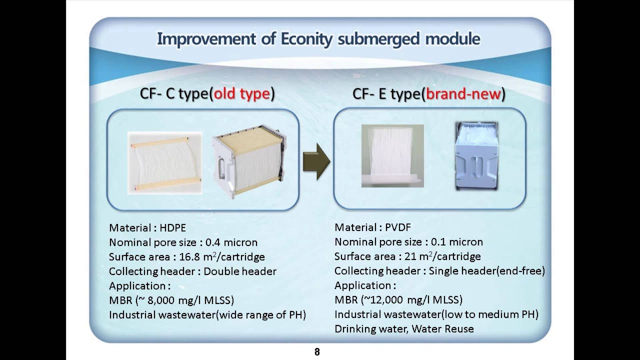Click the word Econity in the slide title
[x=303, y=39]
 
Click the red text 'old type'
[x=242, y=93]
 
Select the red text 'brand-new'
[x=463, y=93]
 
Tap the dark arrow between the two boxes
[x=316, y=161]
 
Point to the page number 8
[x=317, y=352]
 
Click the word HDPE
[x=172, y=228]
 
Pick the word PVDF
[x=398, y=227]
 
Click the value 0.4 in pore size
[x=213, y=242]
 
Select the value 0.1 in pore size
[x=438, y=242]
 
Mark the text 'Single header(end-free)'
[x=486, y=271]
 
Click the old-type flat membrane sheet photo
[x=165, y=162]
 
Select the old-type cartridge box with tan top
[x=249, y=161]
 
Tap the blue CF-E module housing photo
[x=476, y=156]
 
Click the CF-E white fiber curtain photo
[x=392, y=155]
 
